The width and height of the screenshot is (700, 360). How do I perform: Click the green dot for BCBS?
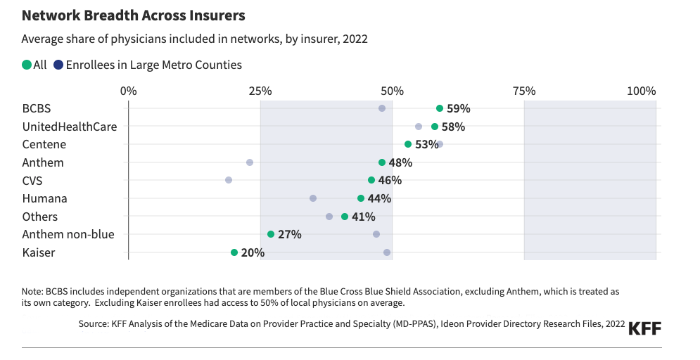pyautogui.click(x=440, y=108)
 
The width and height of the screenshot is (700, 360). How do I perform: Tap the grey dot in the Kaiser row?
pyautogui.click(x=387, y=252)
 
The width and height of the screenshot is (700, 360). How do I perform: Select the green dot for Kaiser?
pyautogui.click(x=234, y=252)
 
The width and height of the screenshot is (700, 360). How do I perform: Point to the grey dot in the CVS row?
pyautogui.click(x=229, y=180)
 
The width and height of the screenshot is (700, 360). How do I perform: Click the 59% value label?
pyautogui.click(x=459, y=108)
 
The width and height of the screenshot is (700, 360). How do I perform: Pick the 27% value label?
pyautogui.click(x=290, y=234)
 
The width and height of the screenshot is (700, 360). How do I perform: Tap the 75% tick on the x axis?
pyautogui.click(x=524, y=91)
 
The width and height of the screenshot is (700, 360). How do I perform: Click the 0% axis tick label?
pyautogui.click(x=129, y=91)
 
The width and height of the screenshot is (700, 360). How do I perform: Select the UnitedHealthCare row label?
pyautogui.click(x=70, y=127)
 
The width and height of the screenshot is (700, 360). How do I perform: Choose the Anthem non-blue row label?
pyautogui.click(x=68, y=234)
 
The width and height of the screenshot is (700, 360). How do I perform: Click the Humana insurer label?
pyautogui.click(x=44, y=198)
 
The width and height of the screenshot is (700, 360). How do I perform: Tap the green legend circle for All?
pyautogui.click(x=27, y=65)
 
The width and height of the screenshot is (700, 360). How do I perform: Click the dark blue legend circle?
pyautogui.click(x=58, y=65)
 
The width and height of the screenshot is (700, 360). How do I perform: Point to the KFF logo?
pyautogui.click(x=644, y=328)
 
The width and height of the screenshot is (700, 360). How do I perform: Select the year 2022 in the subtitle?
pyautogui.click(x=355, y=39)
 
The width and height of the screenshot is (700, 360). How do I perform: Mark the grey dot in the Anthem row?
pyautogui.click(x=250, y=162)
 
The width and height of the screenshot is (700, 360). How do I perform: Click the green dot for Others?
pyautogui.click(x=345, y=217)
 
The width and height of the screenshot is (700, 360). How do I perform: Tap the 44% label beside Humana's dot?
pyautogui.click(x=379, y=198)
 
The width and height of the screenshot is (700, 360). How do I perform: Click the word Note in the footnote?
pyautogui.click(x=32, y=290)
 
